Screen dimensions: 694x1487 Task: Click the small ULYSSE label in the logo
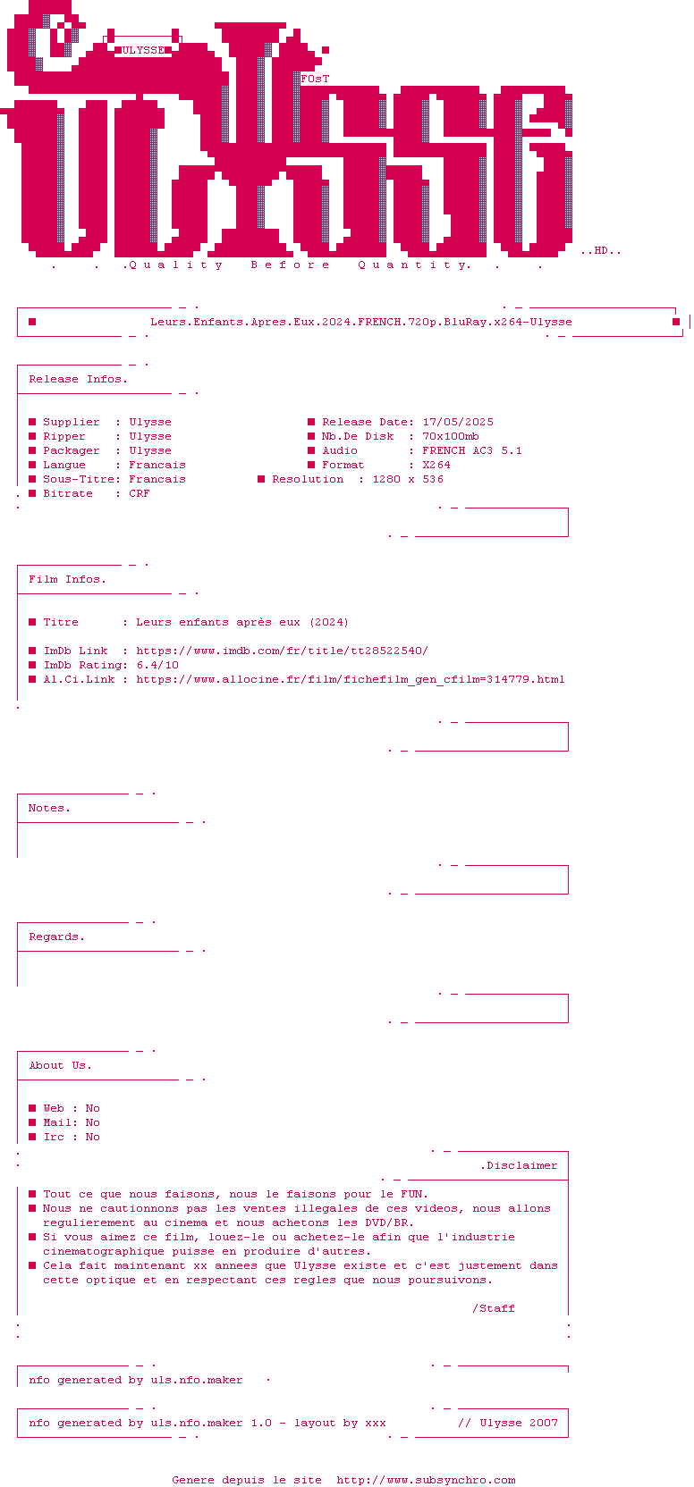tap(143, 50)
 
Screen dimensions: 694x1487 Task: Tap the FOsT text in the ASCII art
tap(315, 79)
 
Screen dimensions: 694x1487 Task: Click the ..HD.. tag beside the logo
tap(601, 251)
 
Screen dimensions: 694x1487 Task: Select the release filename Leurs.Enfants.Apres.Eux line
tap(361, 322)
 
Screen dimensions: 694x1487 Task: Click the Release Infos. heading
tap(79, 379)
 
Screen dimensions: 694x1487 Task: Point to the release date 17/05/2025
tap(458, 422)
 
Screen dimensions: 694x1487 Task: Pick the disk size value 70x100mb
tap(451, 436)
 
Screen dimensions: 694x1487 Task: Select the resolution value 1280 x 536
tap(408, 479)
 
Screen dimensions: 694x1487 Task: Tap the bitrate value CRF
tap(140, 494)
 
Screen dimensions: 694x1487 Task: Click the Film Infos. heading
tap(68, 580)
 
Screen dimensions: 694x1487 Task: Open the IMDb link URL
tap(283, 651)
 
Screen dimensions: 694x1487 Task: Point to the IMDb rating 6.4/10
tap(158, 665)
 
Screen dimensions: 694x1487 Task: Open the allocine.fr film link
tap(351, 680)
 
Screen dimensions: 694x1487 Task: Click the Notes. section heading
tap(49, 809)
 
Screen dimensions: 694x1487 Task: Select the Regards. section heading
tap(57, 937)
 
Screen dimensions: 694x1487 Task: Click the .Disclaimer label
tap(520, 1165)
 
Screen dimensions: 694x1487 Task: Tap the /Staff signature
tap(494, 1308)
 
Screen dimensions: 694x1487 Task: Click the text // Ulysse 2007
tap(508, 1423)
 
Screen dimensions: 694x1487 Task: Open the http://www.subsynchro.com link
tap(427, 1480)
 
